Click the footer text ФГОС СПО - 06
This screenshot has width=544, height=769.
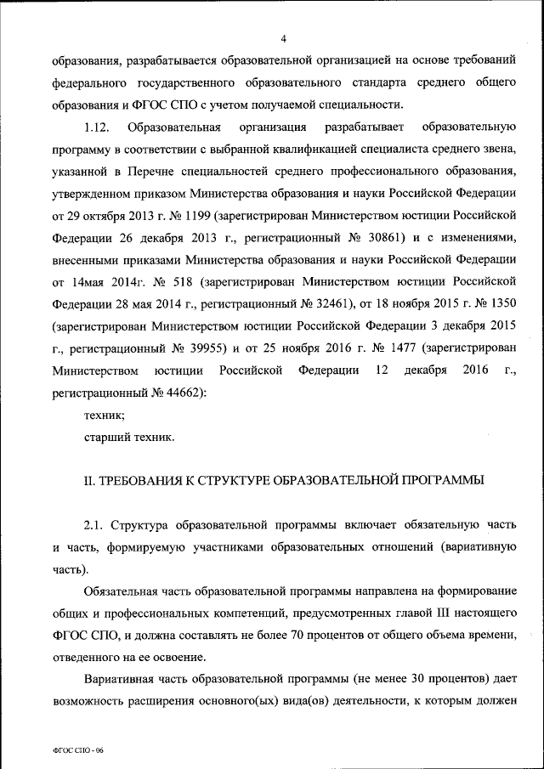coord(76,753)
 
